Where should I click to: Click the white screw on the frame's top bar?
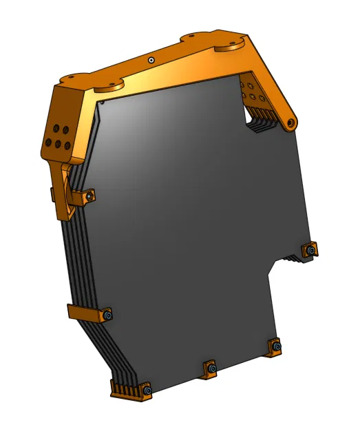[x=151, y=60]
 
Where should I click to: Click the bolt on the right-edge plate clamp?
[x=312, y=251]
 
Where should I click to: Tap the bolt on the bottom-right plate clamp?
[x=275, y=346]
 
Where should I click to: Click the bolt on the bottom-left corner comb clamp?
[x=147, y=392]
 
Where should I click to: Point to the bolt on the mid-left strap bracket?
[x=108, y=315]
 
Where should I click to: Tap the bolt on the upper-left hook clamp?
[x=88, y=198]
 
